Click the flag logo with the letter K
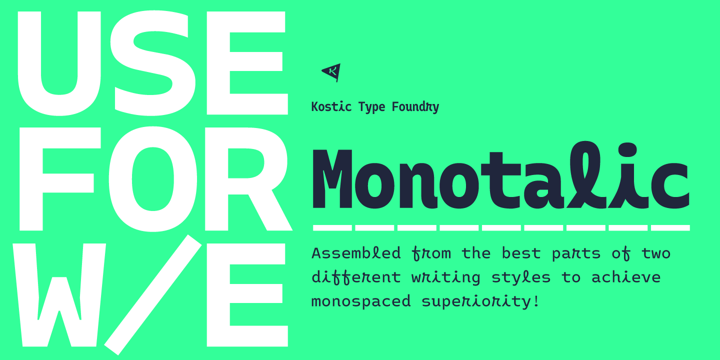pos(331,72)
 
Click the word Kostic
pos(331,106)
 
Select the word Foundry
pos(415,107)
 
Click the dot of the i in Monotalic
pos(627,150)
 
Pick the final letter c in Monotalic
pos(669,185)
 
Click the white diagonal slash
pos(152,295)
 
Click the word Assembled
pos(356,253)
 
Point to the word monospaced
pos(361,301)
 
